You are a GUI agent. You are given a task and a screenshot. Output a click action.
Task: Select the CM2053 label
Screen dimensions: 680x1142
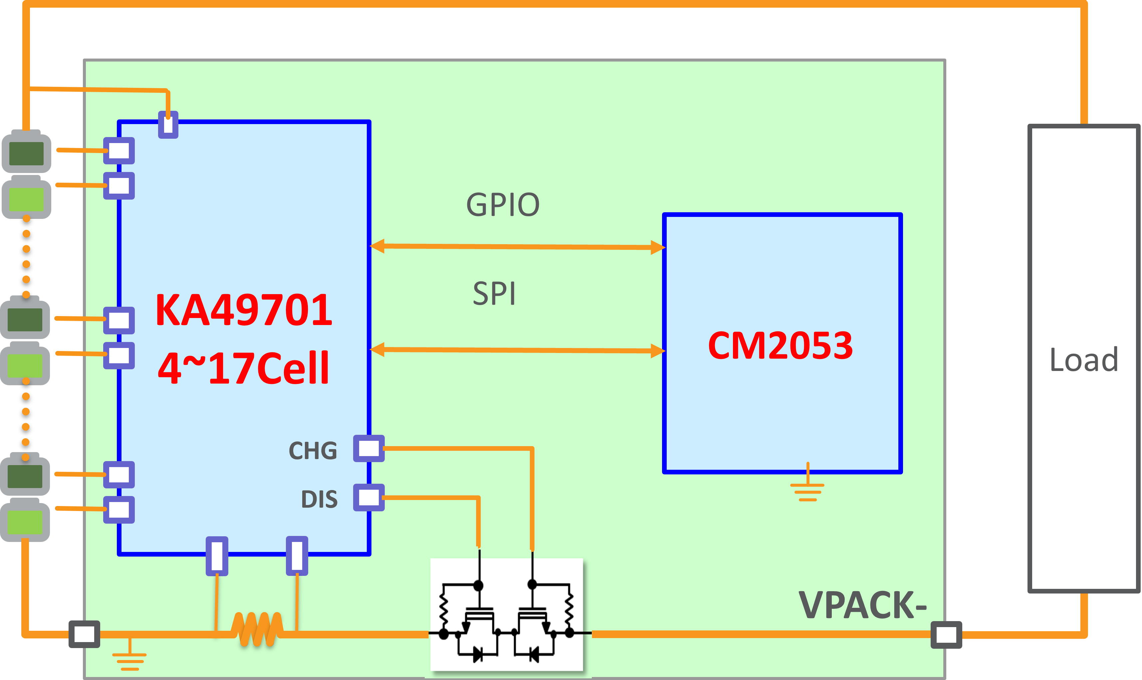[x=780, y=345]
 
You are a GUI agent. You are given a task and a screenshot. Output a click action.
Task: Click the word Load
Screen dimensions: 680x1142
[x=1084, y=360]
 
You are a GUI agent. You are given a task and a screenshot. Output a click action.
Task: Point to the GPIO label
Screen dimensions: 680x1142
[x=503, y=205]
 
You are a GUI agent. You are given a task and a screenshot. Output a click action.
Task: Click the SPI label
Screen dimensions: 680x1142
[x=494, y=294]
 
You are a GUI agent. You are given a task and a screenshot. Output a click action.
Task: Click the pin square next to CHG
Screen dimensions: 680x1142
[x=368, y=448]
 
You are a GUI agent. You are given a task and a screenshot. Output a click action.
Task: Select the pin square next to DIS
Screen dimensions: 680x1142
[x=368, y=497]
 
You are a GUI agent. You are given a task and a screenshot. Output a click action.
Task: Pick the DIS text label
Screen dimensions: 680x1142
[x=319, y=499]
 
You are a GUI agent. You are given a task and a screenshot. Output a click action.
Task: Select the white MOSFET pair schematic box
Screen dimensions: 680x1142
[x=506, y=614]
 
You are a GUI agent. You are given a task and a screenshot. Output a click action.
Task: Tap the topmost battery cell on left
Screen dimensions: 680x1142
[x=26, y=153]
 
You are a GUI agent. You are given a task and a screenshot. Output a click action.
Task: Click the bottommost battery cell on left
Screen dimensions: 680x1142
[x=25, y=521]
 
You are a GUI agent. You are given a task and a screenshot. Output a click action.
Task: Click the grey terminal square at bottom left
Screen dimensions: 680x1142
[x=84, y=634]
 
